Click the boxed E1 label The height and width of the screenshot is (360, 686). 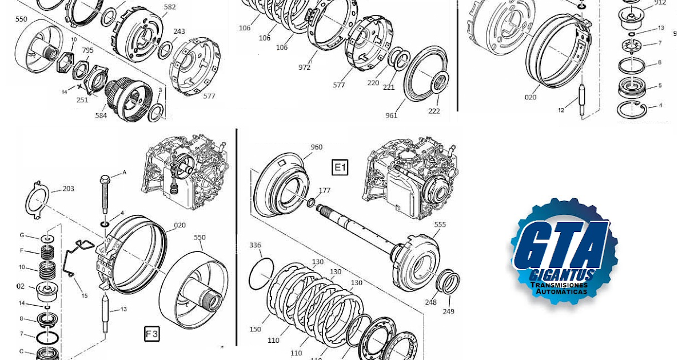[x=340, y=167]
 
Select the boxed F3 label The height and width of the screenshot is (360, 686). [x=151, y=334]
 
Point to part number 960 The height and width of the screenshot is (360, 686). [x=316, y=147]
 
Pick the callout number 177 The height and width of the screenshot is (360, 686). [x=325, y=190]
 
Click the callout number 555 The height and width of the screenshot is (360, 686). [x=440, y=225]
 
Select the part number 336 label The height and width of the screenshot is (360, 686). [x=255, y=245]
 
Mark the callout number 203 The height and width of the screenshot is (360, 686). [x=68, y=189]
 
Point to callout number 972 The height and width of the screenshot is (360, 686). [x=304, y=67]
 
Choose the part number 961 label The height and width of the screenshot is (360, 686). [x=391, y=115]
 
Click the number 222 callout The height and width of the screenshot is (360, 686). [x=434, y=111]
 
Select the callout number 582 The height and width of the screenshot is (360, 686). [x=170, y=7]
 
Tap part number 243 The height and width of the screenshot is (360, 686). [x=179, y=31]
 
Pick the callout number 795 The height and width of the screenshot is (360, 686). [x=87, y=50]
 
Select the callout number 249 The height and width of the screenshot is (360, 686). [x=449, y=311]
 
